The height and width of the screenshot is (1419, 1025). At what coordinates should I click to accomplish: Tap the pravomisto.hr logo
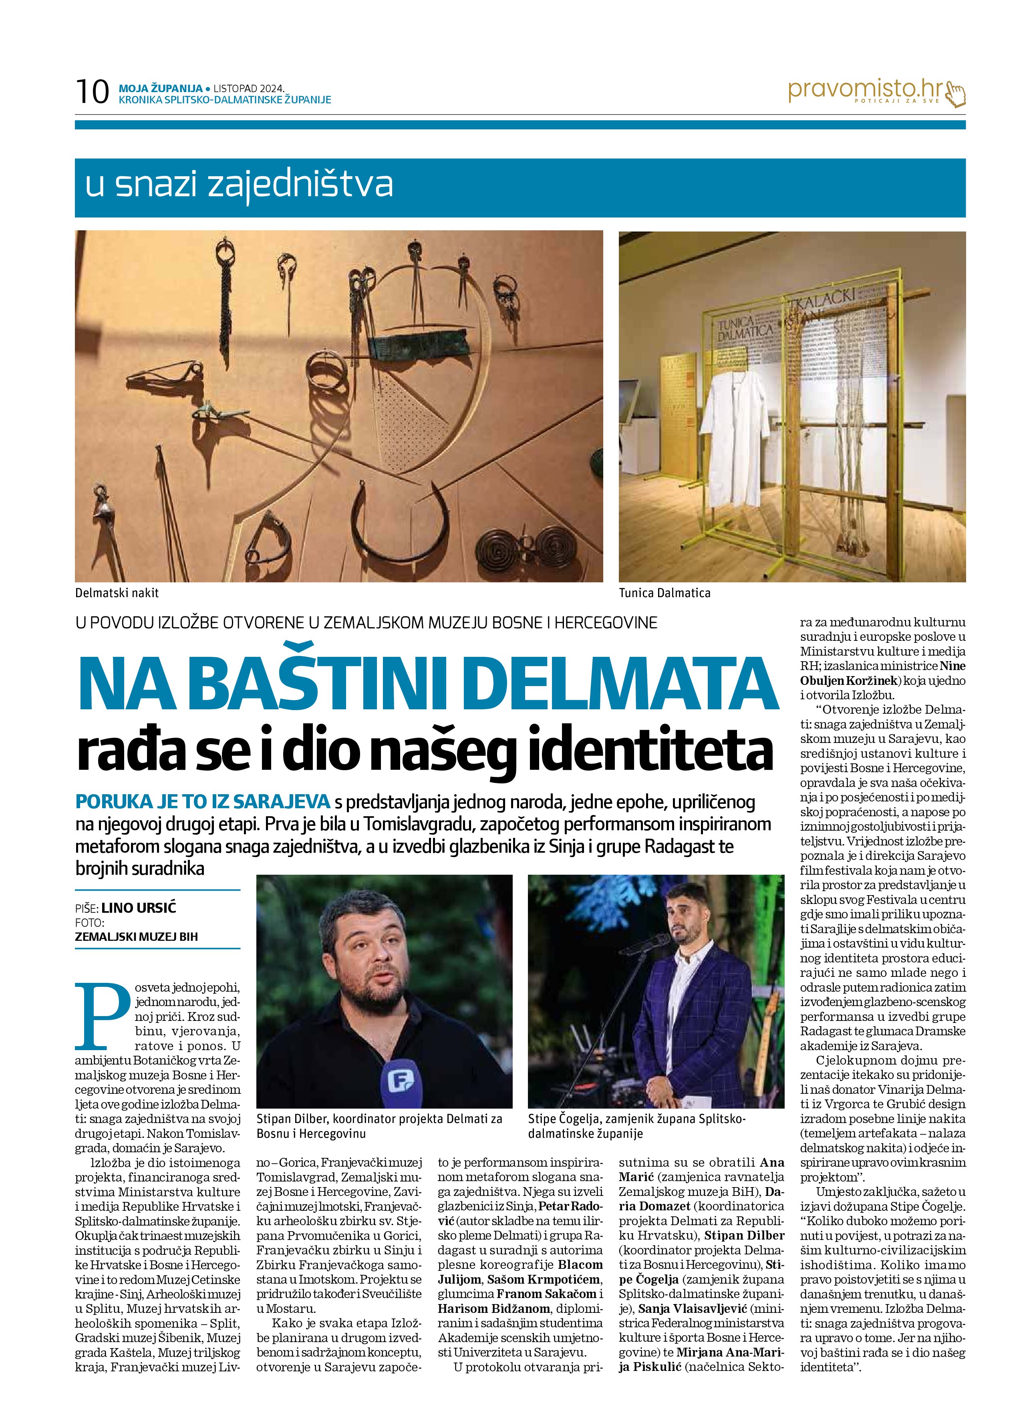click(x=864, y=91)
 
